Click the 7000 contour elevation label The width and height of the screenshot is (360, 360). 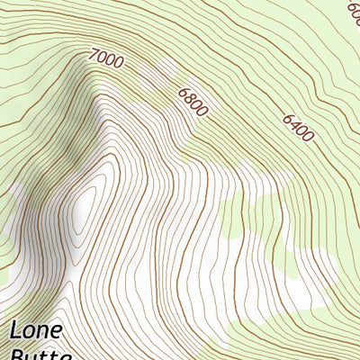coord(106,59)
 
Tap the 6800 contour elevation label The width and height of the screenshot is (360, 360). coord(193,102)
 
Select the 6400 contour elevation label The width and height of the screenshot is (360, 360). coord(298,128)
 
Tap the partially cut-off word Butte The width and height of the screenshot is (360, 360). coord(41,355)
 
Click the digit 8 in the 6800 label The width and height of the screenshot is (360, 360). coord(189,98)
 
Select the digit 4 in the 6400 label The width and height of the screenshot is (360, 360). coord(294,124)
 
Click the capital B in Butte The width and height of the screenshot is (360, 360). coord(17,355)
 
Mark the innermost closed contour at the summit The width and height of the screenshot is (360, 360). coord(85,211)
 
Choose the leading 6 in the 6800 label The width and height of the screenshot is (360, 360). coord(183,92)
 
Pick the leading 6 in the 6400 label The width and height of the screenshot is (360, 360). coord(288,118)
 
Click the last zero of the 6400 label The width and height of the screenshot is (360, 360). coord(309,138)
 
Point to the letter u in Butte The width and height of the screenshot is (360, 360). coord(34,356)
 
